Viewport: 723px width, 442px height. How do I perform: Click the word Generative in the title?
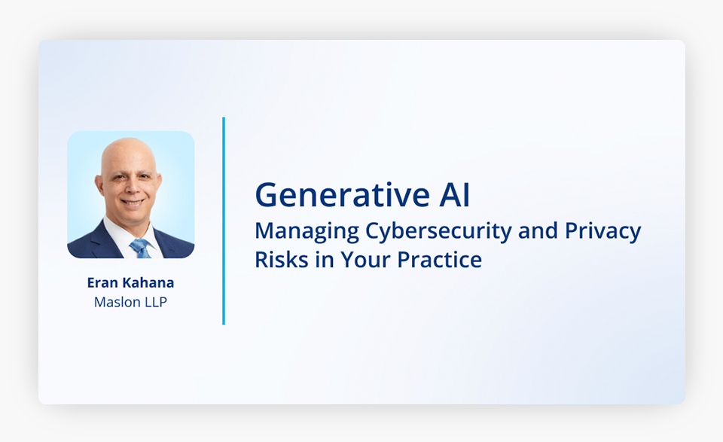click(343, 195)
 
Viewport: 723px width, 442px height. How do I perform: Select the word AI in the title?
click(455, 195)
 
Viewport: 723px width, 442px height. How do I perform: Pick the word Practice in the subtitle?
click(439, 260)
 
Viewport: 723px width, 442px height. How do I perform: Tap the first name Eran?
click(102, 282)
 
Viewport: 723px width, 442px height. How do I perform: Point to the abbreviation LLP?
click(156, 302)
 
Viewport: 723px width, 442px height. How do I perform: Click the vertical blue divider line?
click(224, 221)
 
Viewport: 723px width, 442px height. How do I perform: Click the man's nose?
click(130, 187)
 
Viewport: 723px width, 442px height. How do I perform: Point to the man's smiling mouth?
click(133, 201)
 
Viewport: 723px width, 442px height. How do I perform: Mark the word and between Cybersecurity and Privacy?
click(538, 231)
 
